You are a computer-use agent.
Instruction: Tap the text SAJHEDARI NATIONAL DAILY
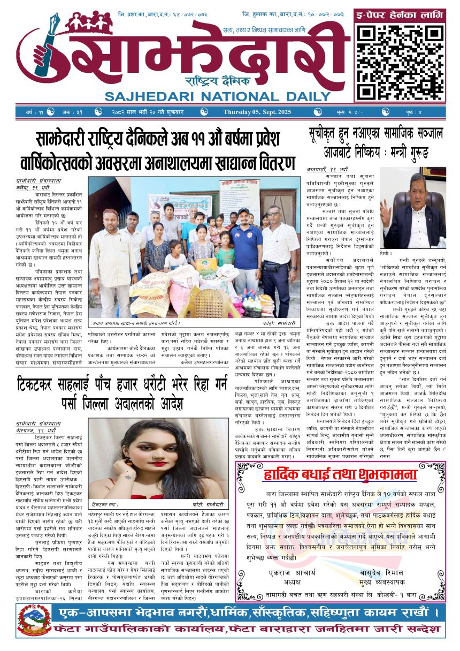218,97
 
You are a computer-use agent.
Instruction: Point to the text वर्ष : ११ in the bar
33,112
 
